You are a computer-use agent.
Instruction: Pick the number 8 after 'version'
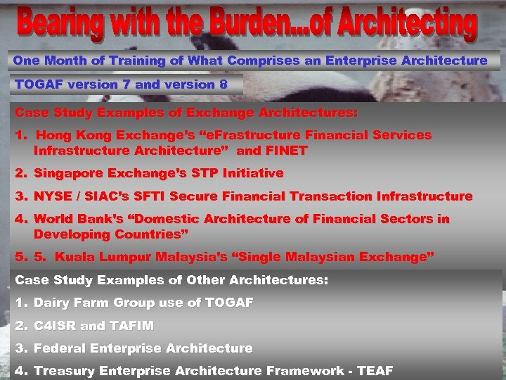(223, 84)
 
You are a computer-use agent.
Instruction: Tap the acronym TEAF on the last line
(375, 371)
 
